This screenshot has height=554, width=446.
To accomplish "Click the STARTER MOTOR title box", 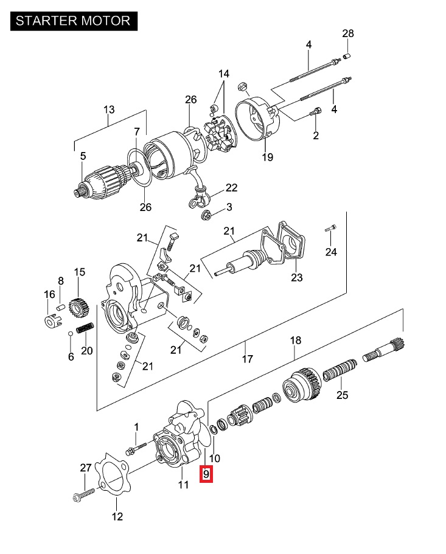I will (73, 20).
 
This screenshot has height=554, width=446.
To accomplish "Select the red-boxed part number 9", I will (206, 473).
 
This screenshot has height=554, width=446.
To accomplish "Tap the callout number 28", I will (348, 33).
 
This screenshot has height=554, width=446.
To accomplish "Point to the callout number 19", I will (268, 158).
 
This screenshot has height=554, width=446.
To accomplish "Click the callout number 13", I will (109, 110).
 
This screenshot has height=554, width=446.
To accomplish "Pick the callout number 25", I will (343, 395).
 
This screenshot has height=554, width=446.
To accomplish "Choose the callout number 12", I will (117, 516).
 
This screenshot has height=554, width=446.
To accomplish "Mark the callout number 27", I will (86, 468).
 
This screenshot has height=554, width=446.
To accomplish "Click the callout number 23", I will (296, 278).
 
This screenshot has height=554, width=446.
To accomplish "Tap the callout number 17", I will (247, 359).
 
